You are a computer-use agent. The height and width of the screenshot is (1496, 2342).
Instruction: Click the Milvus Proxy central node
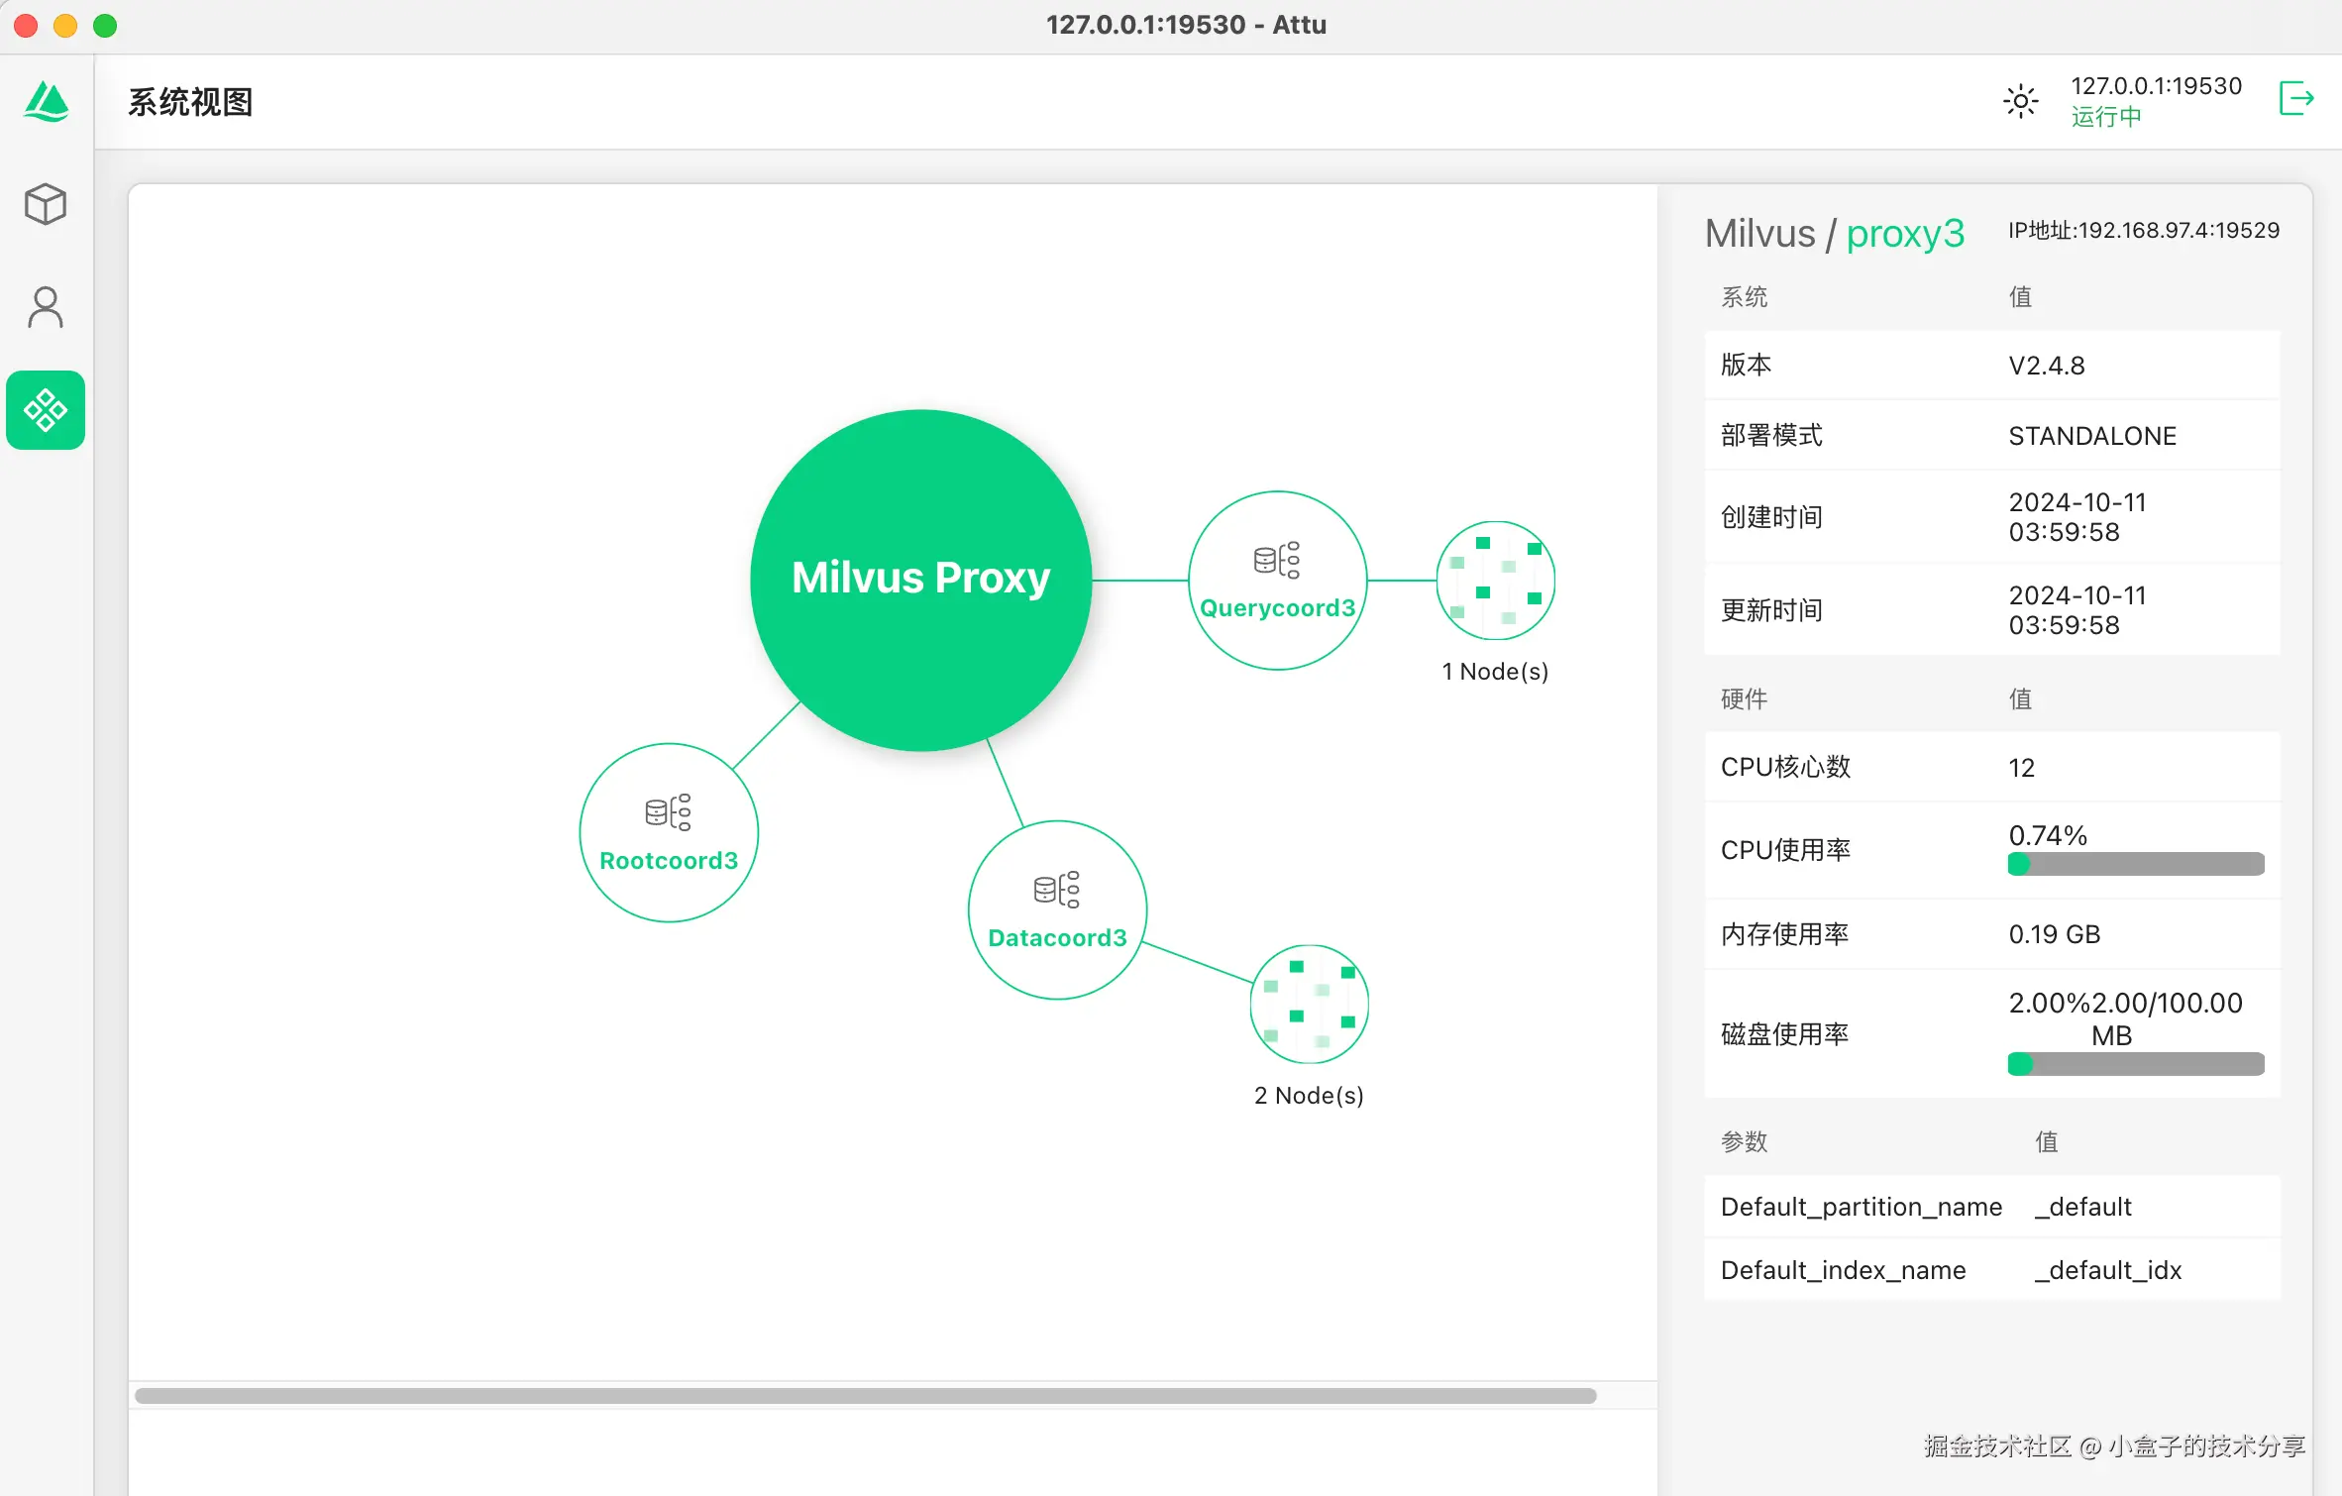pyautogui.click(x=921, y=580)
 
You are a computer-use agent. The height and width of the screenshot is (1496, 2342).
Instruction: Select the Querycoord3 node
pyautogui.click(x=1278, y=581)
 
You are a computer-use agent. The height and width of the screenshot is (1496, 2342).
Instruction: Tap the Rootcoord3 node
pyautogui.click(x=669, y=832)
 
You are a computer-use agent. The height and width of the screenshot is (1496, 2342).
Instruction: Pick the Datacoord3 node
pyautogui.click(x=1058, y=909)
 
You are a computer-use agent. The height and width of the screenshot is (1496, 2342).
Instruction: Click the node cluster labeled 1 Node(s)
pyautogui.click(x=1496, y=581)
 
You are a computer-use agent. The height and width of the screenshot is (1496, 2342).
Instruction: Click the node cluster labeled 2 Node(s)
pyautogui.click(x=1310, y=1005)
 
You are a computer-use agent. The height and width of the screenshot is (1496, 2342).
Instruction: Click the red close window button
pyautogui.click(x=27, y=26)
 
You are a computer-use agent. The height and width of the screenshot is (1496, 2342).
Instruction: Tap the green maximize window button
pyautogui.click(x=105, y=26)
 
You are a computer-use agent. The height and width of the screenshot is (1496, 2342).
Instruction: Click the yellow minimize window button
pyautogui.click(x=65, y=26)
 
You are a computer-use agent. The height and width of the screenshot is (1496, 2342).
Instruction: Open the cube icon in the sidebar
pyautogui.click(x=46, y=204)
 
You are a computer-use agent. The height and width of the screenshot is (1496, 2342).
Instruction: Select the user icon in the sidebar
pyautogui.click(x=46, y=307)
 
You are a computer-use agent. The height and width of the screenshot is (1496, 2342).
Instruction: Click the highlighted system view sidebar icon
pyautogui.click(x=46, y=410)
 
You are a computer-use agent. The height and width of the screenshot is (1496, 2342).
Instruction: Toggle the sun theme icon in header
pyautogui.click(x=2021, y=101)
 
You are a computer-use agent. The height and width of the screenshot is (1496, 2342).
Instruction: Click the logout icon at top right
pyautogui.click(x=2296, y=99)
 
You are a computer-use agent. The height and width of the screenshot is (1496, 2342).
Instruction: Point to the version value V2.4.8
pyautogui.click(x=2047, y=366)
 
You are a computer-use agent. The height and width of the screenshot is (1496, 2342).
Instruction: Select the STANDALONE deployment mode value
pyautogui.click(x=2092, y=436)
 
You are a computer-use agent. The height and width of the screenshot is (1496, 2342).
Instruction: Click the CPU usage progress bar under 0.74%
pyautogui.click(x=2136, y=864)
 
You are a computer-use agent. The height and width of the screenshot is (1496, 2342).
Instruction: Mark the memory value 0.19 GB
pyautogui.click(x=2055, y=934)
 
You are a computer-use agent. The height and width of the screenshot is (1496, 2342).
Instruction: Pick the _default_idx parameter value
pyautogui.click(x=2108, y=1270)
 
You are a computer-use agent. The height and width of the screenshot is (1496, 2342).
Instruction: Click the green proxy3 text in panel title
pyautogui.click(x=1905, y=234)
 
